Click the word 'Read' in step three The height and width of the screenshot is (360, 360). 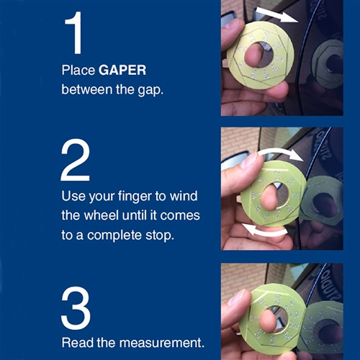point(77,341)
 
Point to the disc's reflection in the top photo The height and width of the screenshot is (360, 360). point(328,60)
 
